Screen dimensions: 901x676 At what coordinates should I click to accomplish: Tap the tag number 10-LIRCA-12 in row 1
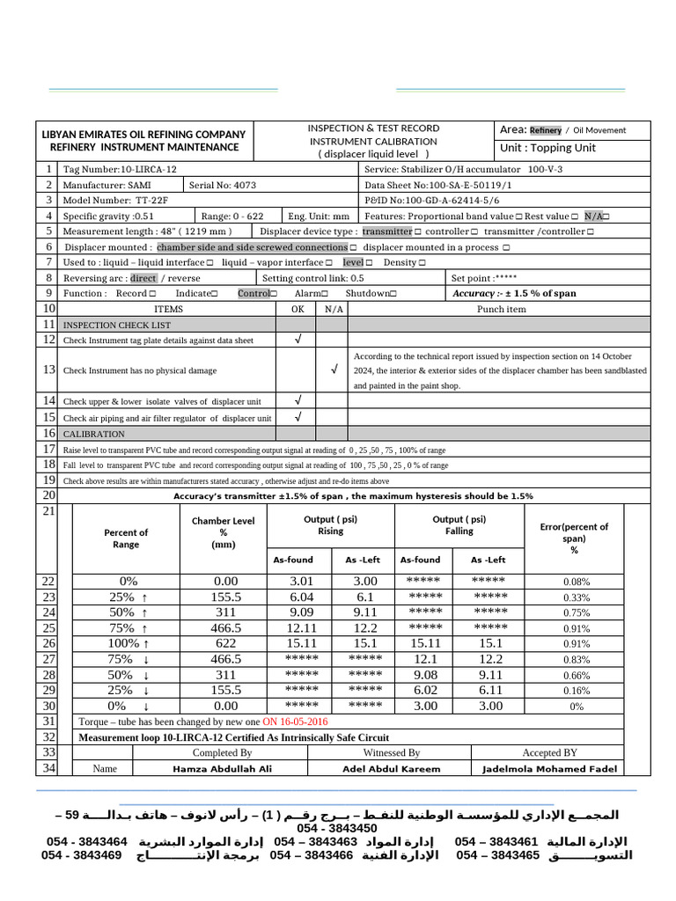[x=148, y=169]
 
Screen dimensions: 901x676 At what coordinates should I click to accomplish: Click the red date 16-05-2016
[x=295, y=722]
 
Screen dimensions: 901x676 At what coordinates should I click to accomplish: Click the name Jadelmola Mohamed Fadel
[x=550, y=769]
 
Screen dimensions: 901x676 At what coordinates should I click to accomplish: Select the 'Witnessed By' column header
[x=392, y=753]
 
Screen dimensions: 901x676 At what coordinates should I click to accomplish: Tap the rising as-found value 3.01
[x=302, y=582]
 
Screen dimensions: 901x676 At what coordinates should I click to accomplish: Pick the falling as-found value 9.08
[x=425, y=675]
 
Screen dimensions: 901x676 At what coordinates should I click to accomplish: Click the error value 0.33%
[x=577, y=597]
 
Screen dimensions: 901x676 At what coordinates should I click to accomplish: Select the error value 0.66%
[x=577, y=676]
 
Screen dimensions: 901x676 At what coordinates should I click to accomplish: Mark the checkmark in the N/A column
[x=334, y=370]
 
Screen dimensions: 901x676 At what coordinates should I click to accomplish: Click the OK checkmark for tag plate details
[x=298, y=340]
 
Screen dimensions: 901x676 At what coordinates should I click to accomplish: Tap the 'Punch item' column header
[x=501, y=310]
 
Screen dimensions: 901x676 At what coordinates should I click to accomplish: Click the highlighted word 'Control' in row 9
[x=254, y=294]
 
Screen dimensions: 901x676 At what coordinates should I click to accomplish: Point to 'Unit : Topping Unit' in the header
[x=547, y=148]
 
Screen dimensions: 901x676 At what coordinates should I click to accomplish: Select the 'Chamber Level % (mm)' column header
[x=224, y=532]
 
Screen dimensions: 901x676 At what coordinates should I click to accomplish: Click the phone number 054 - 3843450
[x=337, y=829]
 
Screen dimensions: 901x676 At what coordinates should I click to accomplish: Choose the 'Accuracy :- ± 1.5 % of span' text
[x=514, y=294]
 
